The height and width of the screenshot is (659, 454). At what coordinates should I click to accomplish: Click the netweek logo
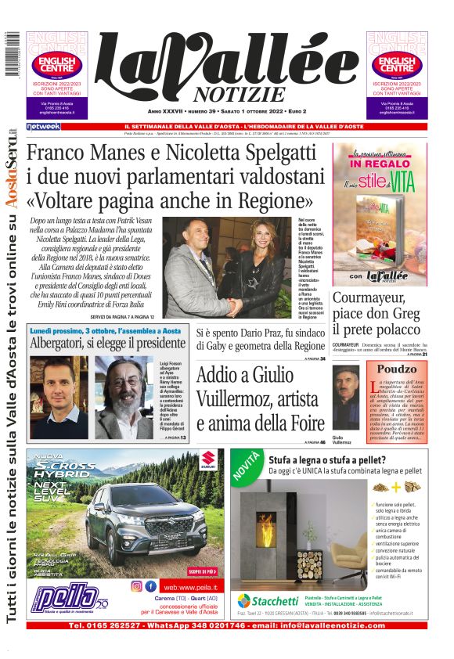(x=43, y=126)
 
